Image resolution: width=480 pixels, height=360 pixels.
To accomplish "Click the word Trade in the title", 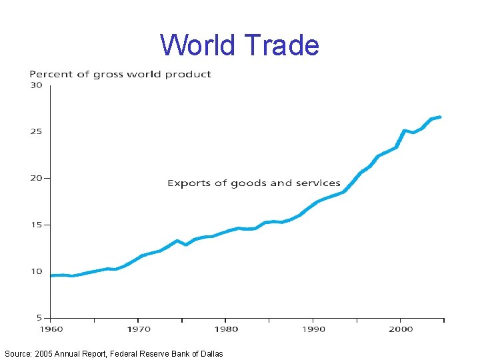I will (282, 45).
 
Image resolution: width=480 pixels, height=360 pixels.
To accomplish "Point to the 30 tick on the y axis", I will (35, 85).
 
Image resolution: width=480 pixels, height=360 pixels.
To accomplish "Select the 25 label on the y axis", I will (35, 131).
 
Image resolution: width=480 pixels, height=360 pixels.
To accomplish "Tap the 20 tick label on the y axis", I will (35, 178).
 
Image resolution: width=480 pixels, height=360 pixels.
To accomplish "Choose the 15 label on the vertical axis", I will (35, 225).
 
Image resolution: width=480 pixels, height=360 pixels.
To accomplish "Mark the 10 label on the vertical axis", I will (35, 271).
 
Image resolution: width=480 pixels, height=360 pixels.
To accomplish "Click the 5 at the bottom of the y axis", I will (39, 318).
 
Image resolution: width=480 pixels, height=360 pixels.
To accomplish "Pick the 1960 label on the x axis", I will (51, 329).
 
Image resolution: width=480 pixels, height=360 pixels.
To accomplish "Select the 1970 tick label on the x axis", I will (139, 329).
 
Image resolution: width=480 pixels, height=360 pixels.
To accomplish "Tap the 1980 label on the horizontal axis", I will (226, 329).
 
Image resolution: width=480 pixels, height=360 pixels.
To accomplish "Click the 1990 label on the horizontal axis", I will (313, 329).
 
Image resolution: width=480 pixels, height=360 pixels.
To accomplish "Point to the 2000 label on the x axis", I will (401, 329).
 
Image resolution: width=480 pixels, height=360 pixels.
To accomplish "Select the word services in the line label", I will (319, 183).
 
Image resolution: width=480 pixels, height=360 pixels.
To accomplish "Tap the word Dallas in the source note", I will (210, 353).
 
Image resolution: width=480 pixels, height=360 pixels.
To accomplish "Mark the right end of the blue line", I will (440, 117).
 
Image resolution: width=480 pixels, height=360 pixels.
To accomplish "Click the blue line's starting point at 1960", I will (52, 275).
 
